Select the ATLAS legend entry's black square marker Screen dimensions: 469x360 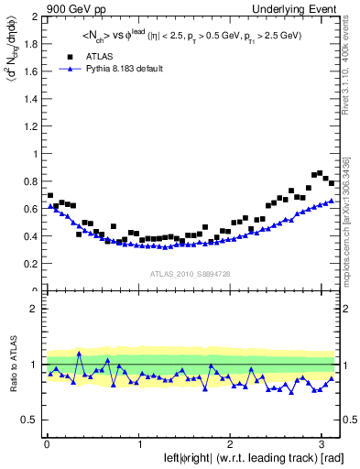(70, 56)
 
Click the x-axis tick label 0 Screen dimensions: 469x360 (47, 442)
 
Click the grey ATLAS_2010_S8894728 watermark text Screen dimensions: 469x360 (191, 274)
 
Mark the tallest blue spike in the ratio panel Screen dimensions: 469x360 (80, 354)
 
